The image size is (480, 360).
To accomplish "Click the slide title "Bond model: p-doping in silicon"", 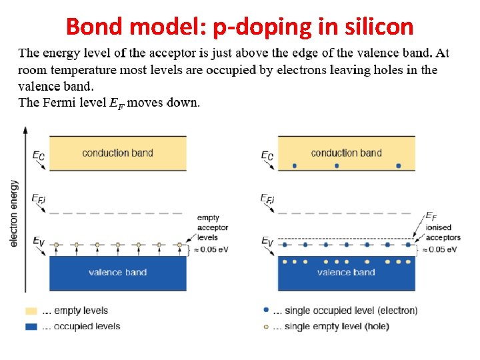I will pyautogui.click(x=240, y=27).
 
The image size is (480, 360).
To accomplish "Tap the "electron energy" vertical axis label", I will pyautogui.click(x=15, y=213).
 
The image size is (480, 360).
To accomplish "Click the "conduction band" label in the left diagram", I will pyautogui.click(x=117, y=153).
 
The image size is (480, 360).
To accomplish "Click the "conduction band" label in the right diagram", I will pyautogui.click(x=346, y=153).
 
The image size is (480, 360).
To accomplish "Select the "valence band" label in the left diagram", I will pyautogui.click(x=117, y=272).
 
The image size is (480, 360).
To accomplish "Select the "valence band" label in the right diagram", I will pyautogui.click(x=346, y=272).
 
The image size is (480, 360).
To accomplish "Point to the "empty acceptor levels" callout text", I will pyautogui.click(x=213, y=227).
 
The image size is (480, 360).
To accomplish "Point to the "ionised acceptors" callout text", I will pyautogui.click(x=443, y=233).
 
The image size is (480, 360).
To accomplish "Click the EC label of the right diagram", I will pyautogui.click(x=267, y=156).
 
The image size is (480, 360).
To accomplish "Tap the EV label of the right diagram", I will pyautogui.click(x=267, y=241).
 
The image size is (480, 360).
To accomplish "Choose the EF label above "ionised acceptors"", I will pyautogui.click(x=431, y=216).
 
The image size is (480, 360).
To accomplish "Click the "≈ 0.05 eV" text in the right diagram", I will pyautogui.click(x=441, y=249).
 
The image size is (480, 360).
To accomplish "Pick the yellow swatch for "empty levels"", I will pyautogui.click(x=31, y=311).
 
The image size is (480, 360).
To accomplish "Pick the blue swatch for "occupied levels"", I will pyautogui.click(x=31, y=326).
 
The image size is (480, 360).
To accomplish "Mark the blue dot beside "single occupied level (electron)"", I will pyautogui.click(x=267, y=311).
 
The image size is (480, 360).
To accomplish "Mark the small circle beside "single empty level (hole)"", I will pyautogui.click(x=267, y=326).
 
